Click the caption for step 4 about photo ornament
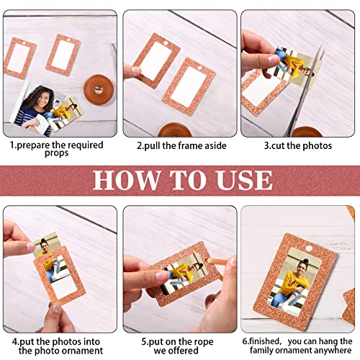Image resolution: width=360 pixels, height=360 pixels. (x=58, y=346)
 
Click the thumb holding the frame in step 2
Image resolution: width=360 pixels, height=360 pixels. (x=132, y=71)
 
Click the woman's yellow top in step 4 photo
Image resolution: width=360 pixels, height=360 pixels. (x=50, y=257)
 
